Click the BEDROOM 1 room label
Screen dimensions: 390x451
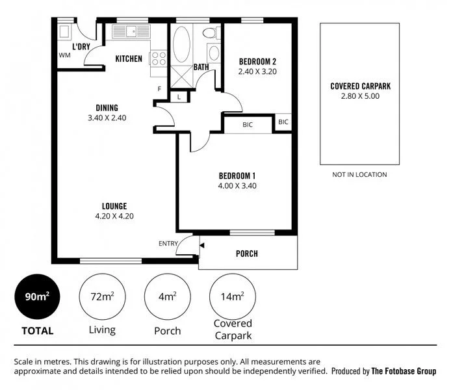tap(237, 175)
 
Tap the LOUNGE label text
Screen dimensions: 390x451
tap(114, 206)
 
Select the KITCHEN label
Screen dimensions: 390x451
tap(129, 59)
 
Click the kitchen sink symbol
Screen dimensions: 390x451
tap(131, 31)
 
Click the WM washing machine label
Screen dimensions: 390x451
tap(64, 55)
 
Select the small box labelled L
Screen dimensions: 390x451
tap(179, 97)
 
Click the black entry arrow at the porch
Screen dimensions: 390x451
tap(202, 246)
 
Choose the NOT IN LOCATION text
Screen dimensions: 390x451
tap(359, 174)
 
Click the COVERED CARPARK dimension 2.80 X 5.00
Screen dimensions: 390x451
tap(360, 96)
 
